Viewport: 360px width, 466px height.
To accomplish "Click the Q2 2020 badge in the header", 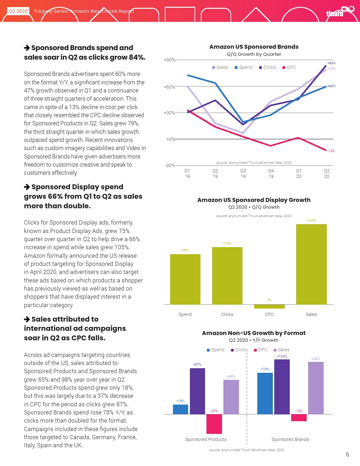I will pyautogui.click(x=18, y=11).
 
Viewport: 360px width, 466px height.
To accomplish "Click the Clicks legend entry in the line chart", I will pyautogui.click(x=267, y=67).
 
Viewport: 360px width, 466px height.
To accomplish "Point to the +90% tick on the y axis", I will pyautogui.click(x=169, y=60).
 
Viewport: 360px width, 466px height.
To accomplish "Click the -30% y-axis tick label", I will pyautogui.click(x=170, y=166).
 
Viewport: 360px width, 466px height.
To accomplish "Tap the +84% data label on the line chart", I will pyautogui.click(x=331, y=63).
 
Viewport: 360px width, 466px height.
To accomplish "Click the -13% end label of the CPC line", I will pyautogui.click(x=331, y=151).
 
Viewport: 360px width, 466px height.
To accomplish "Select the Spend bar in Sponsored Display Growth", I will pyautogui.click(x=185, y=279).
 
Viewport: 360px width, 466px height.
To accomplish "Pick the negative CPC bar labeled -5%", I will pyautogui.click(x=269, y=306).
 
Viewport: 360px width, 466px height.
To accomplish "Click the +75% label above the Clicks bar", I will pyautogui.click(x=227, y=244).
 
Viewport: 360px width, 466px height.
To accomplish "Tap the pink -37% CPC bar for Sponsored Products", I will pyautogui.click(x=214, y=424).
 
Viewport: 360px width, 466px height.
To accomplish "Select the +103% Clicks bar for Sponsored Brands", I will pyautogui.click(x=282, y=387).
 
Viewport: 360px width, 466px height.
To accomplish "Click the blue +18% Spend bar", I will pyautogui.click(x=180, y=409).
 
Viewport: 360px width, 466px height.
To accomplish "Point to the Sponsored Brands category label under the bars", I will pyautogui.click(x=290, y=440).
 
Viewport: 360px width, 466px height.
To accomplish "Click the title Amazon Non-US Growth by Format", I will pyautogui.click(x=254, y=333).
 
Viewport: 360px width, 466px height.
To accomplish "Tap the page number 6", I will pyautogui.click(x=347, y=454).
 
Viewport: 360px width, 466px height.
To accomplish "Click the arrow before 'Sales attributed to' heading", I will pyautogui.click(x=27, y=319).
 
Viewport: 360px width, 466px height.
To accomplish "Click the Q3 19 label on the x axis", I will pyautogui.click(x=243, y=173).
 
